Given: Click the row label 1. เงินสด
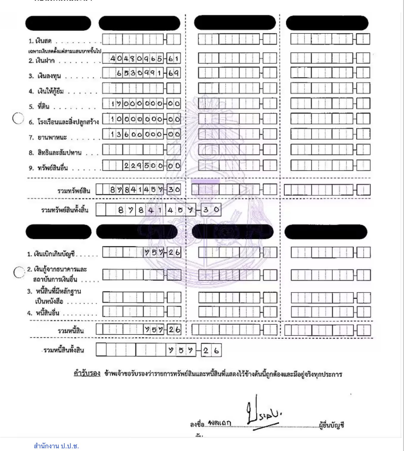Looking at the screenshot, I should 40,41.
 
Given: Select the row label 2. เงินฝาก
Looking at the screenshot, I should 42,61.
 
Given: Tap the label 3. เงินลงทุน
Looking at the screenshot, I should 45,76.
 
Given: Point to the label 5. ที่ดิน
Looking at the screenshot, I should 39,107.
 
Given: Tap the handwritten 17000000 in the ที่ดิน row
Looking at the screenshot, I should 137,104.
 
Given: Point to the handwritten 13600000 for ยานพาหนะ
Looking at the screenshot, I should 137,134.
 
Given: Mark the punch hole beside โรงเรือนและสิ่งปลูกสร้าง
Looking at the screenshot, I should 18,118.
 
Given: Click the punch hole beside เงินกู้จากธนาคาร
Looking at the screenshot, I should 19,272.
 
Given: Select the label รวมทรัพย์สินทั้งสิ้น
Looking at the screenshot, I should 65,210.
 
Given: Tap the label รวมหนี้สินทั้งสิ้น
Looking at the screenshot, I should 64,350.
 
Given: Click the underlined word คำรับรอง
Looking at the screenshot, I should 87,373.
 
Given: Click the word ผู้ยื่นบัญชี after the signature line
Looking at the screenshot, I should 331,425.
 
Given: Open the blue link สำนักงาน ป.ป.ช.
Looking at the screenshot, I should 56,446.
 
